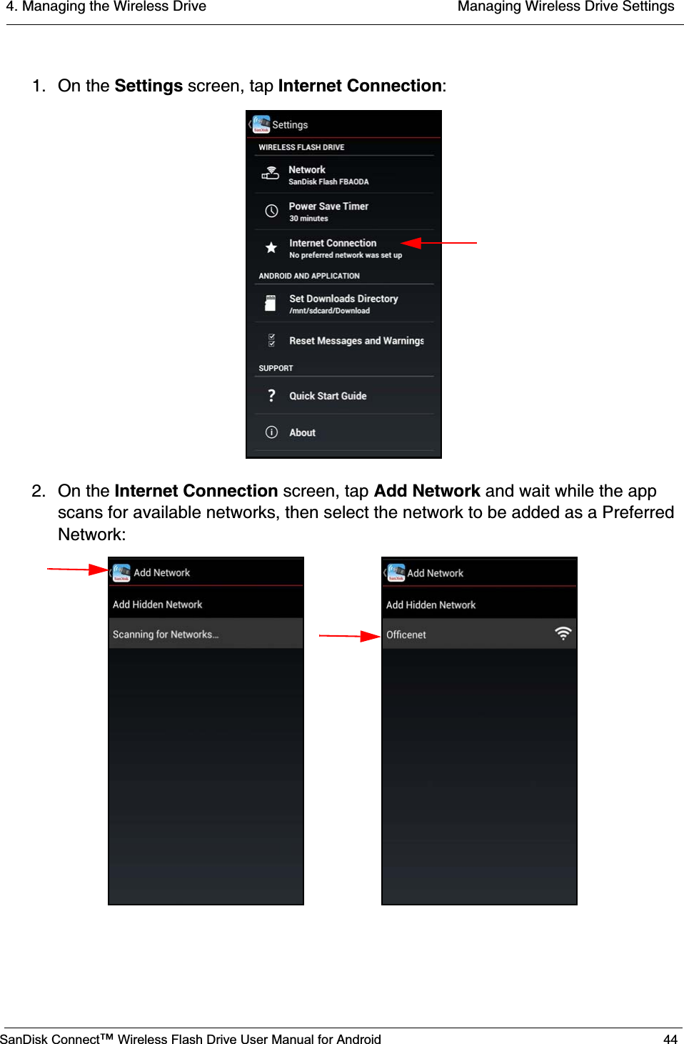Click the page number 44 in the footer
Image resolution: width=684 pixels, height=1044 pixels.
pyautogui.click(x=670, y=1039)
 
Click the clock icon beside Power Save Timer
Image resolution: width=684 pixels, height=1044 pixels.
pyautogui.click(x=271, y=211)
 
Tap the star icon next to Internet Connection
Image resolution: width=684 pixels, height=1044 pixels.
pyautogui.click(x=271, y=248)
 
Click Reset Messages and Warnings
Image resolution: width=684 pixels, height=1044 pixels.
pyautogui.click(x=356, y=341)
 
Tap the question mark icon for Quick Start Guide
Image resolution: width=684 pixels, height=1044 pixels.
pyautogui.click(x=271, y=396)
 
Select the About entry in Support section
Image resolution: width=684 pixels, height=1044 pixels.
pyautogui.click(x=302, y=432)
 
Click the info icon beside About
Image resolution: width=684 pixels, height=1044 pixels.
pyautogui.click(x=271, y=432)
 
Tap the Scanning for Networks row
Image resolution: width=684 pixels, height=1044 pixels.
pyautogui.click(x=166, y=635)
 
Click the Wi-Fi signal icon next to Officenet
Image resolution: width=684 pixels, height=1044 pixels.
pyautogui.click(x=563, y=633)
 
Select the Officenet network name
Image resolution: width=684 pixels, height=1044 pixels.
pyautogui.click(x=406, y=635)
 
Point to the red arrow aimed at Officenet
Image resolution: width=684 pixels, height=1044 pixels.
pyautogui.click(x=350, y=635)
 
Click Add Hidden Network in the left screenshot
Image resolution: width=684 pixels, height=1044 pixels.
pyautogui.click(x=157, y=605)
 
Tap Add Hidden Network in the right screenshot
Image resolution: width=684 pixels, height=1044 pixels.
pyautogui.click(x=431, y=605)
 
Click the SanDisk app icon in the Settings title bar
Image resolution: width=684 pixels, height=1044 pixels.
pyautogui.click(x=261, y=124)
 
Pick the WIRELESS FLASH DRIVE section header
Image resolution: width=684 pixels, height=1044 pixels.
pyautogui.click(x=301, y=147)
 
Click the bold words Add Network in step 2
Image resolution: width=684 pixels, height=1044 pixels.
pyautogui.click(x=427, y=491)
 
